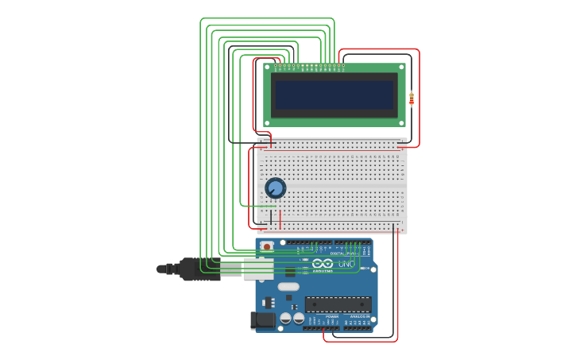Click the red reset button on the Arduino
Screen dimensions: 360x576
pos(267,246)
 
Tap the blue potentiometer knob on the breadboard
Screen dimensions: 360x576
pos(275,188)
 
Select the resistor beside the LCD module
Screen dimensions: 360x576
pos(412,99)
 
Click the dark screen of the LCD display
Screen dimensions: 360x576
pos(334,95)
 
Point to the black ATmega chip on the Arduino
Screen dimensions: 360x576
pos(338,304)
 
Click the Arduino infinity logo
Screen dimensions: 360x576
pos(323,263)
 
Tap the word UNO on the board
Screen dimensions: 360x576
pos(346,263)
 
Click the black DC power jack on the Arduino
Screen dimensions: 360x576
pos(263,320)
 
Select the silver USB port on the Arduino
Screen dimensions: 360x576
pos(258,269)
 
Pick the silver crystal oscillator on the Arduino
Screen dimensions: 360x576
pos(288,286)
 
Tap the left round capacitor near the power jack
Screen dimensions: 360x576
pos(286,318)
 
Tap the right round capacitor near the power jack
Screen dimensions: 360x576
pos(299,318)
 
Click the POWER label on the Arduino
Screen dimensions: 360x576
pos(331,315)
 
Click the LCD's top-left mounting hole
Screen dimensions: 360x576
pos(268,68)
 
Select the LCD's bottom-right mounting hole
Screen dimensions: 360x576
pos(401,122)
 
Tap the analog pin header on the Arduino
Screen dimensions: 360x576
pos(358,327)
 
